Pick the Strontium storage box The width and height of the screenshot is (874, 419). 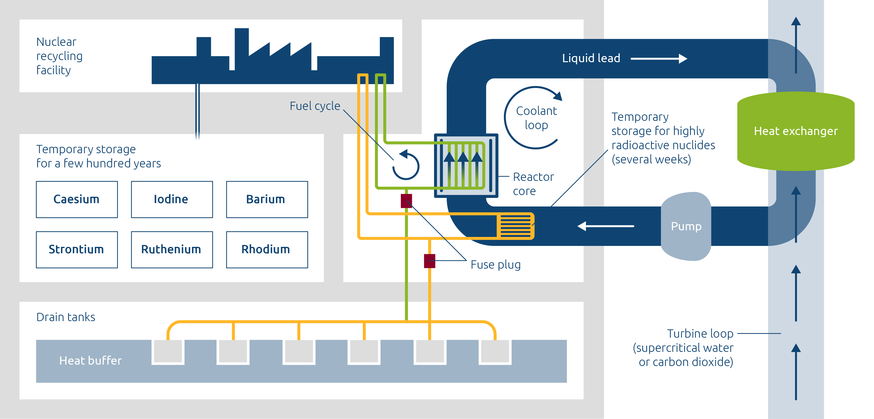click(x=77, y=249)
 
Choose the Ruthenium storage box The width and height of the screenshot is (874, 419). click(x=172, y=249)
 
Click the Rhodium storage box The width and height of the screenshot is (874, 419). click(x=267, y=249)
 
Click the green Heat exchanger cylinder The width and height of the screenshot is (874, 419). click(x=796, y=131)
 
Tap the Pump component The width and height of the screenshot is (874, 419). click(x=686, y=226)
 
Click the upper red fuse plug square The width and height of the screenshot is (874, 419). click(x=406, y=201)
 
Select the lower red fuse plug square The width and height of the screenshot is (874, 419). click(x=429, y=261)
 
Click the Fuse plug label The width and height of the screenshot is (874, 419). click(x=495, y=265)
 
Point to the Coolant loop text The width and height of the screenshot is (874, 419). click(x=536, y=118)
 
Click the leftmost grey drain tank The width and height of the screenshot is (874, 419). click(x=168, y=351)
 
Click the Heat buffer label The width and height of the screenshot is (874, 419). click(x=90, y=361)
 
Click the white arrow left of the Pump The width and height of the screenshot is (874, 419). click(x=606, y=226)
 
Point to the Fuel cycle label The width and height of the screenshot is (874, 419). click(x=315, y=106)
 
